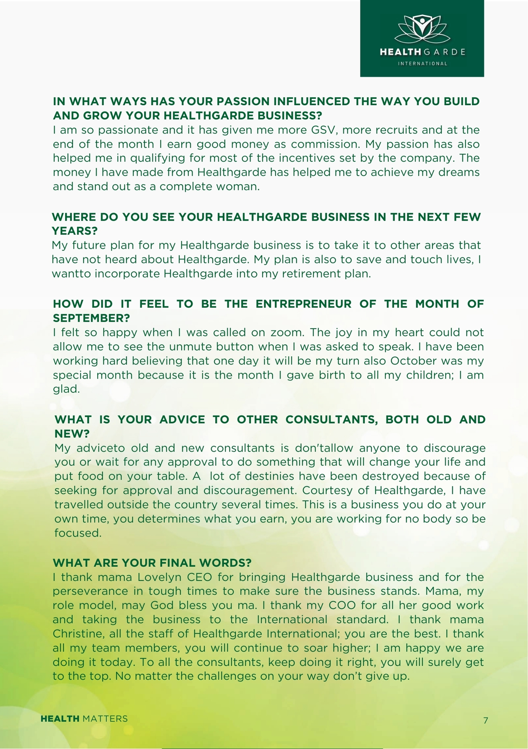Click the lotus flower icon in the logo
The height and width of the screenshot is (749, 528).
[422, 29]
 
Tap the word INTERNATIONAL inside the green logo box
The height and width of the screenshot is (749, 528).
[422, 64]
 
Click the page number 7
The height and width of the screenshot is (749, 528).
[486, 720]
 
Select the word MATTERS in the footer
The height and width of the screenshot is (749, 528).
[105, 719]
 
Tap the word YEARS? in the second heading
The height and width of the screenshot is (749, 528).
[75, 231]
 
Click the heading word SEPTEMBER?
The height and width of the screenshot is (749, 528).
[91, 318]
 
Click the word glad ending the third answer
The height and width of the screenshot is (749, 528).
[66, 389]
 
